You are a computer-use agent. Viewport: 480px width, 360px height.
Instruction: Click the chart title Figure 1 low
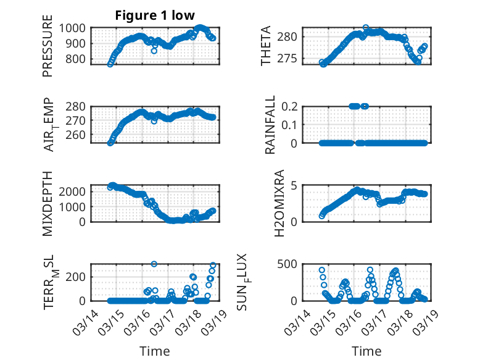(155, 16)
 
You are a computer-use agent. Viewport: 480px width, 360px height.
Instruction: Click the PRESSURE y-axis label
(48, 51)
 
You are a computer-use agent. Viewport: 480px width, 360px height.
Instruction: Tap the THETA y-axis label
(266, 46)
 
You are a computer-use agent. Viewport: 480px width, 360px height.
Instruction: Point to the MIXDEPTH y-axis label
(48, 203)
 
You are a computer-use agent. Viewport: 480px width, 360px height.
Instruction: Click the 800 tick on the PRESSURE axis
(78, 59)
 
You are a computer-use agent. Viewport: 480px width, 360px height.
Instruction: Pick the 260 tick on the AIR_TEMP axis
(78, 135)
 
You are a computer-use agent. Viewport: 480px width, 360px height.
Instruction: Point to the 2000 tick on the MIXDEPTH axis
(75, 191)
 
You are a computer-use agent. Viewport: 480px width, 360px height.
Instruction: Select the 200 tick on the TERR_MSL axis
(78, 276)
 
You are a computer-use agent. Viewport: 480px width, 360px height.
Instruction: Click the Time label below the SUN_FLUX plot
(366, 351)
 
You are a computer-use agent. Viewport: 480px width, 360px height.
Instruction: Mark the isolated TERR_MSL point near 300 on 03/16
(154, 264)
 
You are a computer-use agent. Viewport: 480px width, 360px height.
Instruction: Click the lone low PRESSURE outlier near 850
(154, 51)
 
